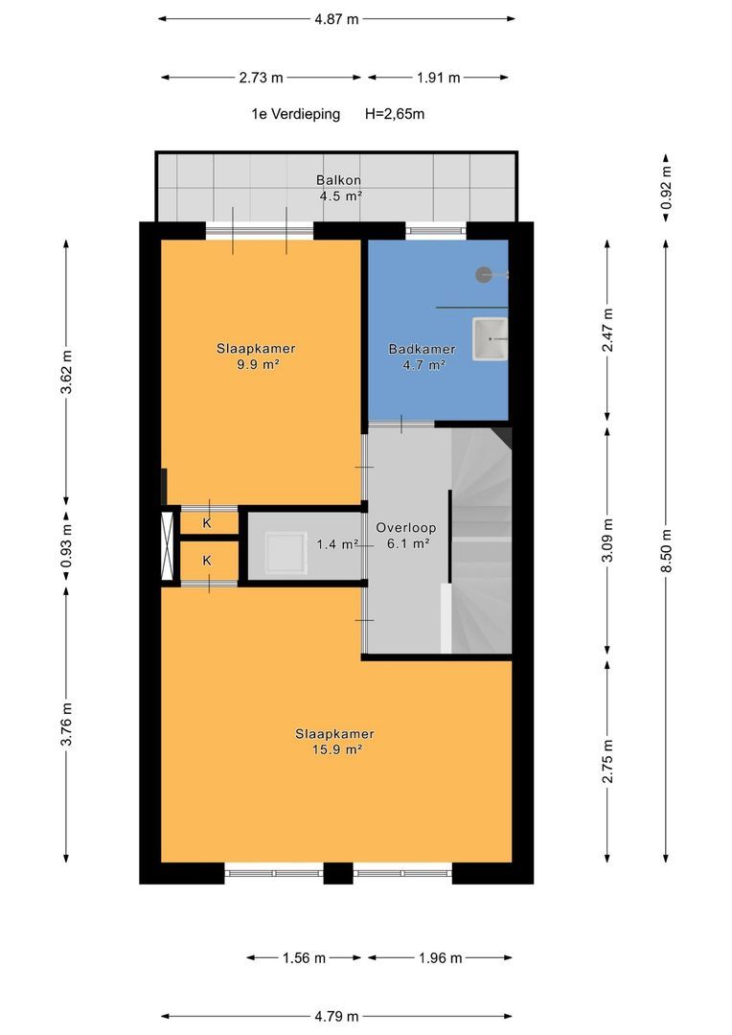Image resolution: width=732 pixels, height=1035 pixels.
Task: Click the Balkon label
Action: pyautogui.click(x=338, y=179)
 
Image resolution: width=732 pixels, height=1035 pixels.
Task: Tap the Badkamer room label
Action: pyautogui.click(x=422, y=349)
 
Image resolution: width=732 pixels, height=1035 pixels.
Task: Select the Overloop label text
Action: pyautogui.click(x=405, y=527)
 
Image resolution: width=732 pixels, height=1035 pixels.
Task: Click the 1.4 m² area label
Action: pyautogui.click(x=337, y=544)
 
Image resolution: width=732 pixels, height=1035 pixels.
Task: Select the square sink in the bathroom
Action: pyautogui.click(x=490, y=338)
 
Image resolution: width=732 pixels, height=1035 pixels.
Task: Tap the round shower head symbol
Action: pyautogui.click(x=484, y=275)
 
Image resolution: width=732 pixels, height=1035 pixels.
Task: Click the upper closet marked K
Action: pyautogui.click(x=207, y=523)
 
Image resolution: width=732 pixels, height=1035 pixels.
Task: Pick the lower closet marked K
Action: pyautogui.click(x=207, y=561)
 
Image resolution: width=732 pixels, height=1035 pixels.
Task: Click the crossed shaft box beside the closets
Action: pyautogui.click(x=168, y=546)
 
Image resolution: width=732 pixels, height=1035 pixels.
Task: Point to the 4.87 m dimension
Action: pyautogui.click(x=336, y=19)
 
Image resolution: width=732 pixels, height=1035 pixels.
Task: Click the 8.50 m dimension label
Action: pyautogui.click(x=666, y=551)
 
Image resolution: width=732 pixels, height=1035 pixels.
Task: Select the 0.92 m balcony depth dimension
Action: pyautogui.click(x=666, y=188)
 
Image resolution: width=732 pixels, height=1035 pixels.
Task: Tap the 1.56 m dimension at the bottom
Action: pyautogui.click(x=305, y=957)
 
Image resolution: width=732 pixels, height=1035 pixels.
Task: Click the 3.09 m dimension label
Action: pyautogui.click(x=607, y=540)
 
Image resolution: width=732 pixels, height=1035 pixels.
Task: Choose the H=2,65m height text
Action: pyautogui.click(x=395, y=114)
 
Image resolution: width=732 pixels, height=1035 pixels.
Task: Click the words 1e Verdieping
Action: pyautogui.click(x=296, y=114)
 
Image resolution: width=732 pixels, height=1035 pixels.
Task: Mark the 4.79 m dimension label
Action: pyautogui.click(x=336, y=1017)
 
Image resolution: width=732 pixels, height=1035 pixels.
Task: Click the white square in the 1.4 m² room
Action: pyautogui.click(x=286, y=553)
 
